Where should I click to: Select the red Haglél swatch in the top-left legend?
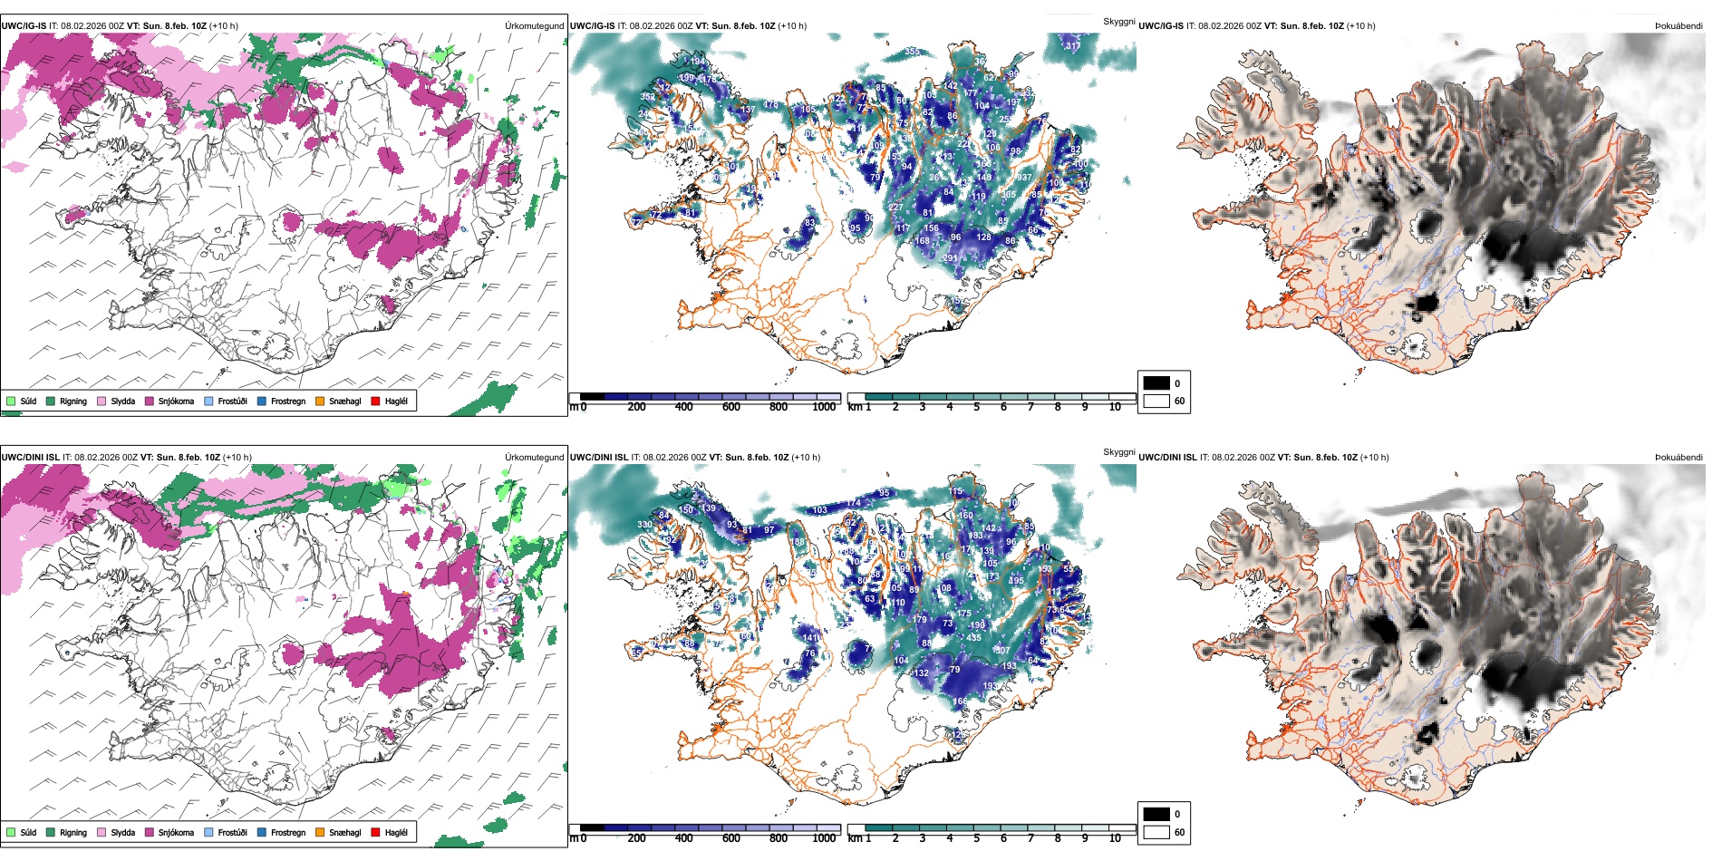pos(375,401)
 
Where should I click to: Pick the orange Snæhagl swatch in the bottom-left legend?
pos(320,832)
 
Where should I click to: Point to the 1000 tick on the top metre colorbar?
pos(824,407)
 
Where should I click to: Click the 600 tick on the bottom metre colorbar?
pos(731,838)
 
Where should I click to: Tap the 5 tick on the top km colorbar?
pos(977,407)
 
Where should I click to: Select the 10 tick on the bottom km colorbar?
pos(1115,838)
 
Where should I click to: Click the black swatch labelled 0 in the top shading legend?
pos(1156,383)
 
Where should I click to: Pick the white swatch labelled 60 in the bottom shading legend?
pos(1156,832)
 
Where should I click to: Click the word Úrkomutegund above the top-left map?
pos(535,26)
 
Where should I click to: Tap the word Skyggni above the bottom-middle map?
pos(1119,452)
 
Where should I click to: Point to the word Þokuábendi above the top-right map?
pos(1678,26)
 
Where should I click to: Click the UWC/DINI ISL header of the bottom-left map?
pos(30,458)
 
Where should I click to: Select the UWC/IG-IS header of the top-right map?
pos(1161,26)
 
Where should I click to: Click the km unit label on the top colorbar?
pos(855,407)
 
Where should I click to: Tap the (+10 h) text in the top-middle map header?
pos(792,26)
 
